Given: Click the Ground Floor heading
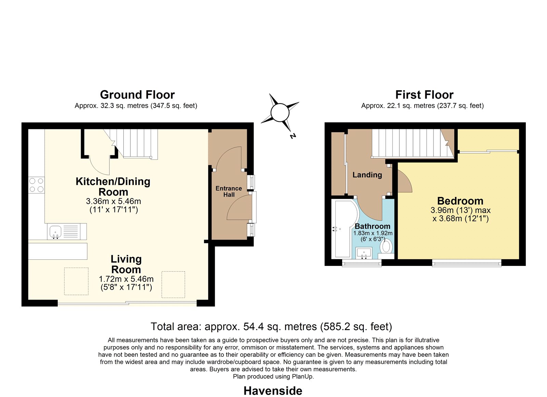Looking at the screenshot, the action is (x=137, y=95).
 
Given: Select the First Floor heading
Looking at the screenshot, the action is (x=424, y=95).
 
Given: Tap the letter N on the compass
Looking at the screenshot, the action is (x=293, y=136).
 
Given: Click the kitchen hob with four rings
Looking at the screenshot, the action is (x=36, y=185).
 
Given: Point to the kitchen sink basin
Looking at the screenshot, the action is (x=55, y=232).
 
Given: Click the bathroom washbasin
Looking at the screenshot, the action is (x=364, y=252).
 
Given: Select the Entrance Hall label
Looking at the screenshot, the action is (x=229, y=192).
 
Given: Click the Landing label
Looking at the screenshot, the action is (x=367, y=174).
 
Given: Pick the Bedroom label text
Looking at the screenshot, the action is (x=460, y=201).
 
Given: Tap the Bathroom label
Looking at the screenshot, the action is (x=372, y=226).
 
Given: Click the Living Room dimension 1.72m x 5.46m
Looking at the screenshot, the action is (x=126, y=279).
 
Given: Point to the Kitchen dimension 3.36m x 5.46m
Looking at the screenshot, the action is (x=113, y=201).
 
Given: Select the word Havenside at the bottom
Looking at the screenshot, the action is (x=273, y=391).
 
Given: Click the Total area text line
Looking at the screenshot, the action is (x=271, y=326).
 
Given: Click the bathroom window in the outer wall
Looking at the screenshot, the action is (x=362, y=263).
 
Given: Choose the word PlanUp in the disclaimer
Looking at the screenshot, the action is (x=302, y=377).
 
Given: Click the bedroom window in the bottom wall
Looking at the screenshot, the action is (x=467, y=263).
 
